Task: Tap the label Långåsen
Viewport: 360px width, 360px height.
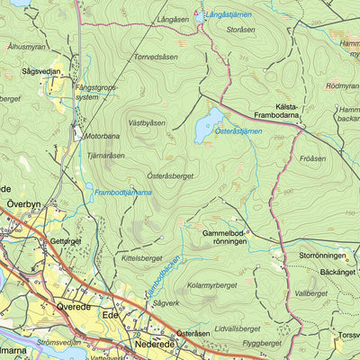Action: pos(174,19)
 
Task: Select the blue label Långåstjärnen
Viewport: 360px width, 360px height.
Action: pos(229,15)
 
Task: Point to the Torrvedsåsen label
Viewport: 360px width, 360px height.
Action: pos(156,56)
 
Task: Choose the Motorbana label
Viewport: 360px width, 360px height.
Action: pos(102,137)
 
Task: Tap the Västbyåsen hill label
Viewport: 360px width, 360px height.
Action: pos(147,121)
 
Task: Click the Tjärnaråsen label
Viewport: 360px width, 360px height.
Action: pos(106,155)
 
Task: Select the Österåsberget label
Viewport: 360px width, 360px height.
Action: pos(170,176)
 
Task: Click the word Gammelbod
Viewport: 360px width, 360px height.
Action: pos(224,232)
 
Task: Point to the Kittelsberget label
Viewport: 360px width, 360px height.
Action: pos(141,258)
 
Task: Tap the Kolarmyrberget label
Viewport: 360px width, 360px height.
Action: pos(211,287)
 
